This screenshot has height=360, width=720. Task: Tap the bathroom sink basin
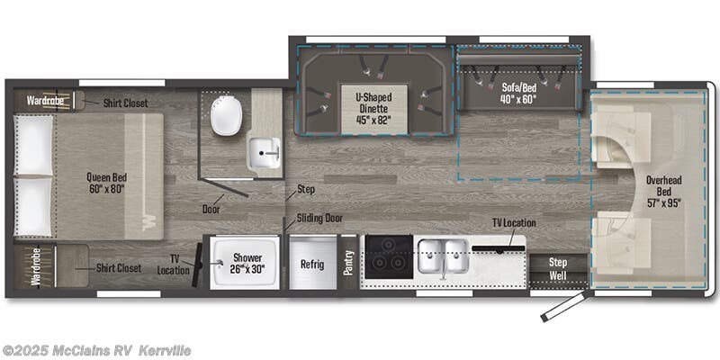(265, 152)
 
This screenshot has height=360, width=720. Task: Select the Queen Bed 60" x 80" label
(107, 183)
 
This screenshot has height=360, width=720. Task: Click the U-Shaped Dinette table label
(374, 109)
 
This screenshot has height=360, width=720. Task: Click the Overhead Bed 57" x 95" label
(663, 191)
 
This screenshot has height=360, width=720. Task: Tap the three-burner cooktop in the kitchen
(389, 256)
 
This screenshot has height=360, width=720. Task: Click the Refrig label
(312, 265)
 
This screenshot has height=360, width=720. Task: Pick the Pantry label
(347, 262)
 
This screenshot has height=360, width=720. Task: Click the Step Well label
(558, 269)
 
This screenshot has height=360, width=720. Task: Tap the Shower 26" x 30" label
(247, 263)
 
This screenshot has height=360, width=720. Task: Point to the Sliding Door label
(319, 218)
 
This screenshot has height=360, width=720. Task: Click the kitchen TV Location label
(514, 222)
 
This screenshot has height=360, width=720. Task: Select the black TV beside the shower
(198, 265)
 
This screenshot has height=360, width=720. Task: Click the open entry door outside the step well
(563, 305)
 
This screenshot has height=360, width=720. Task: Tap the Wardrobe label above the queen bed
(45, 100)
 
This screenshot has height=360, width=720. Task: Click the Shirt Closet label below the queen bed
(119, 267)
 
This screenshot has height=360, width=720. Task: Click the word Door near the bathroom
(211, 210)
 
